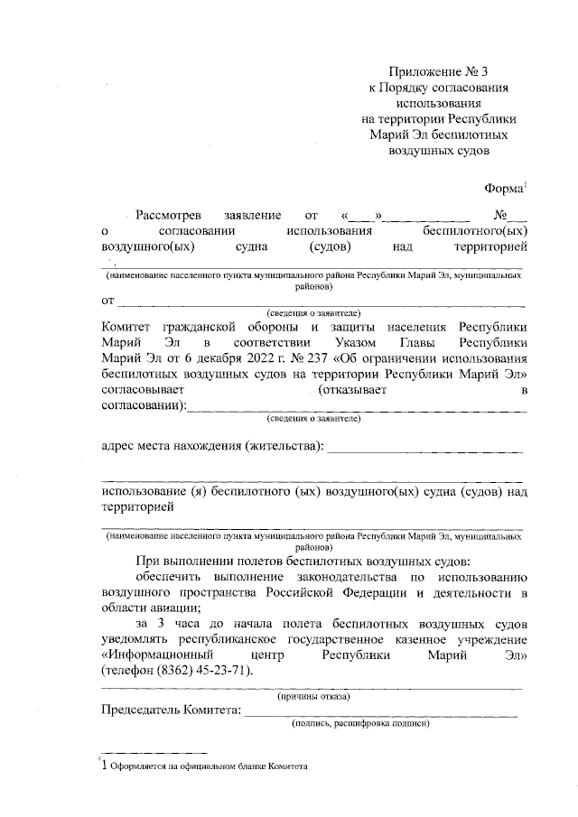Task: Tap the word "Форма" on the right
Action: point(504,188)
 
